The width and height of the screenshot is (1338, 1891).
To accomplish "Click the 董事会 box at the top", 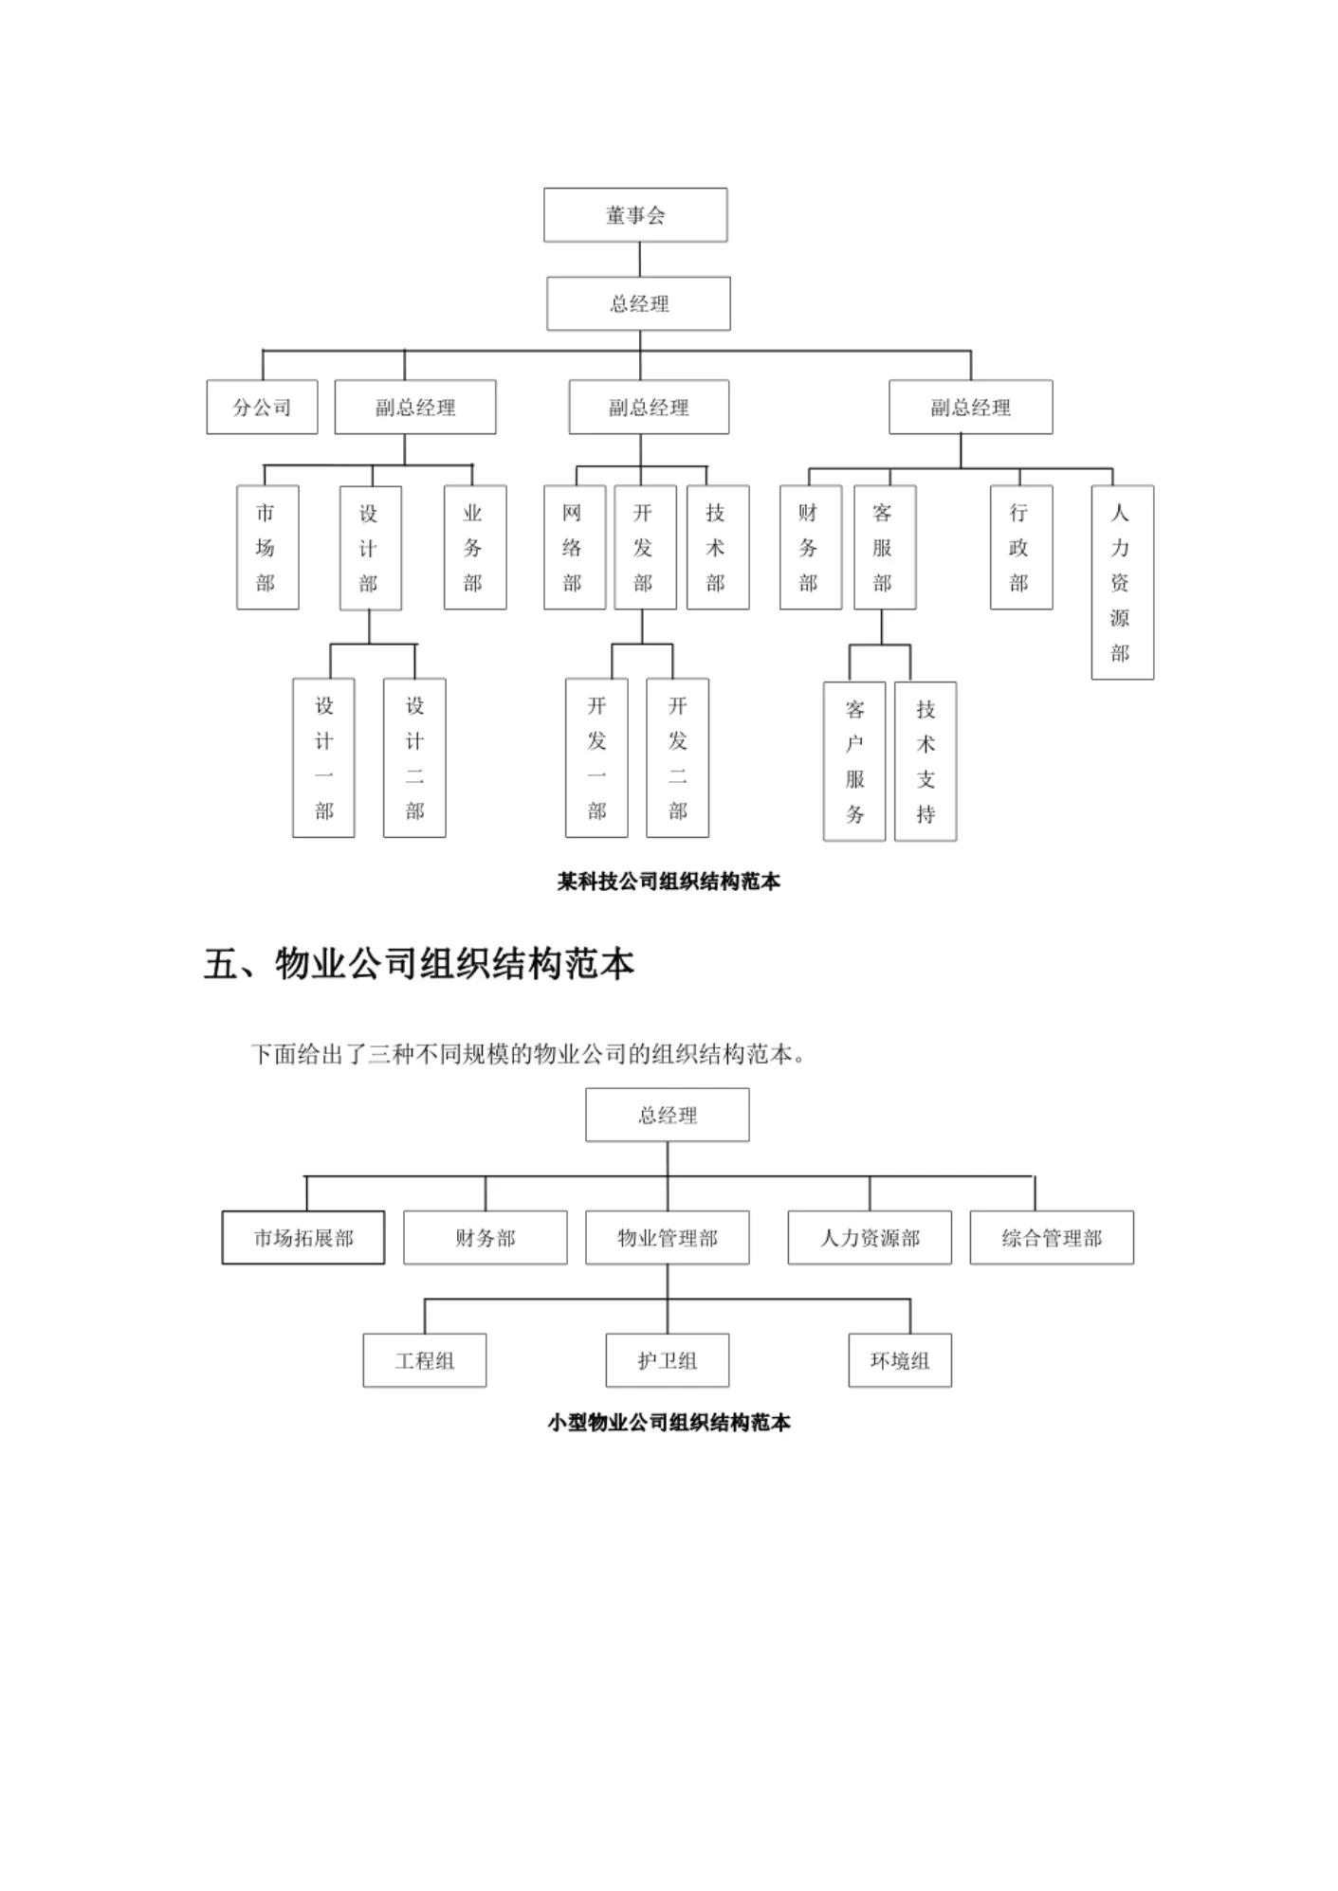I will pyautogui.click(x=634, y=215).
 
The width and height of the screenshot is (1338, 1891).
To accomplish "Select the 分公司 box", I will pyautogui.click(x=262, y=408).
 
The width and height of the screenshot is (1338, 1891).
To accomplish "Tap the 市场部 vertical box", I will pyautogui.click(x=266, y=547).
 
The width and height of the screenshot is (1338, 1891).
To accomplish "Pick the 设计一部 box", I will pyautogui.click(x=323, y=757).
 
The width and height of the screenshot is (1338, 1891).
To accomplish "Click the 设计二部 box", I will pyautogui.click(x=414, y=757).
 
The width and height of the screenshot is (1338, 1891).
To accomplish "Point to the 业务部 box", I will pyautogui.click(x=474, y=547).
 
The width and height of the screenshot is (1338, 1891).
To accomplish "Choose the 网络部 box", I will pyautogui.click(x=574, y=547).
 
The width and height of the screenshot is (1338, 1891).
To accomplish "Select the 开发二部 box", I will pyautogui.click(x=677, y=757).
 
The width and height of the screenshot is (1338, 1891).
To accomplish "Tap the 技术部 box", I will pyautogui.click(x=717, y=547).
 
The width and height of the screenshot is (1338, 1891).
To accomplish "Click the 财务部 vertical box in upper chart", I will pyautogui.click(x=810, y=547).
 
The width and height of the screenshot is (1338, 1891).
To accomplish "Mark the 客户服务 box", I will pyautogui.click(x=854, y=760).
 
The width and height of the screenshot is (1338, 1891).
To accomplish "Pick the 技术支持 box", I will pyautogui.click(x=926, y=760).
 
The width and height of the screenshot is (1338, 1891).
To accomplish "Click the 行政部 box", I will pyautogui.click(x=1020, y=547).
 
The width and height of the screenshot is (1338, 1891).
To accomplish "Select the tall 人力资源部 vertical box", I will pyautogui.click(x=1122, y=582).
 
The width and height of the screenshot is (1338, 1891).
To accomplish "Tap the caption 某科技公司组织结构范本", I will pyautogui.click(x=669, y=882).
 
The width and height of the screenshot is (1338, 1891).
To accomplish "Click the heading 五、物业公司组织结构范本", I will pyautogui.click(x=418, y=965).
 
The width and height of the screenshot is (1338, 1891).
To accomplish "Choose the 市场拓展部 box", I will pyautogui.click(x=303, y=1238).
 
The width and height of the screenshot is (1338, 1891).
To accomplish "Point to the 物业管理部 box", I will pyautogui.click(x=667, y=1238).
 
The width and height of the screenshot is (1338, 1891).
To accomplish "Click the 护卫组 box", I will pyautogui.click(x=667, y=1360).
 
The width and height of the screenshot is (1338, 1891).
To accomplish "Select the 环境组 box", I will pyautogui.click(x=899, y=1360).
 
